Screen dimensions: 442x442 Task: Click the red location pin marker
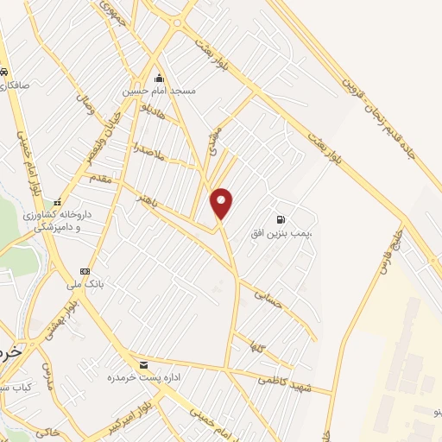[x=222, y=204]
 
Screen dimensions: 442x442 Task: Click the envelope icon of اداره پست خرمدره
[x=142, y=365]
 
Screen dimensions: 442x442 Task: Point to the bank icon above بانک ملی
[x=85, y=270]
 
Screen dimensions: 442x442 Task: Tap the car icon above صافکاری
[x=5, y=72]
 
